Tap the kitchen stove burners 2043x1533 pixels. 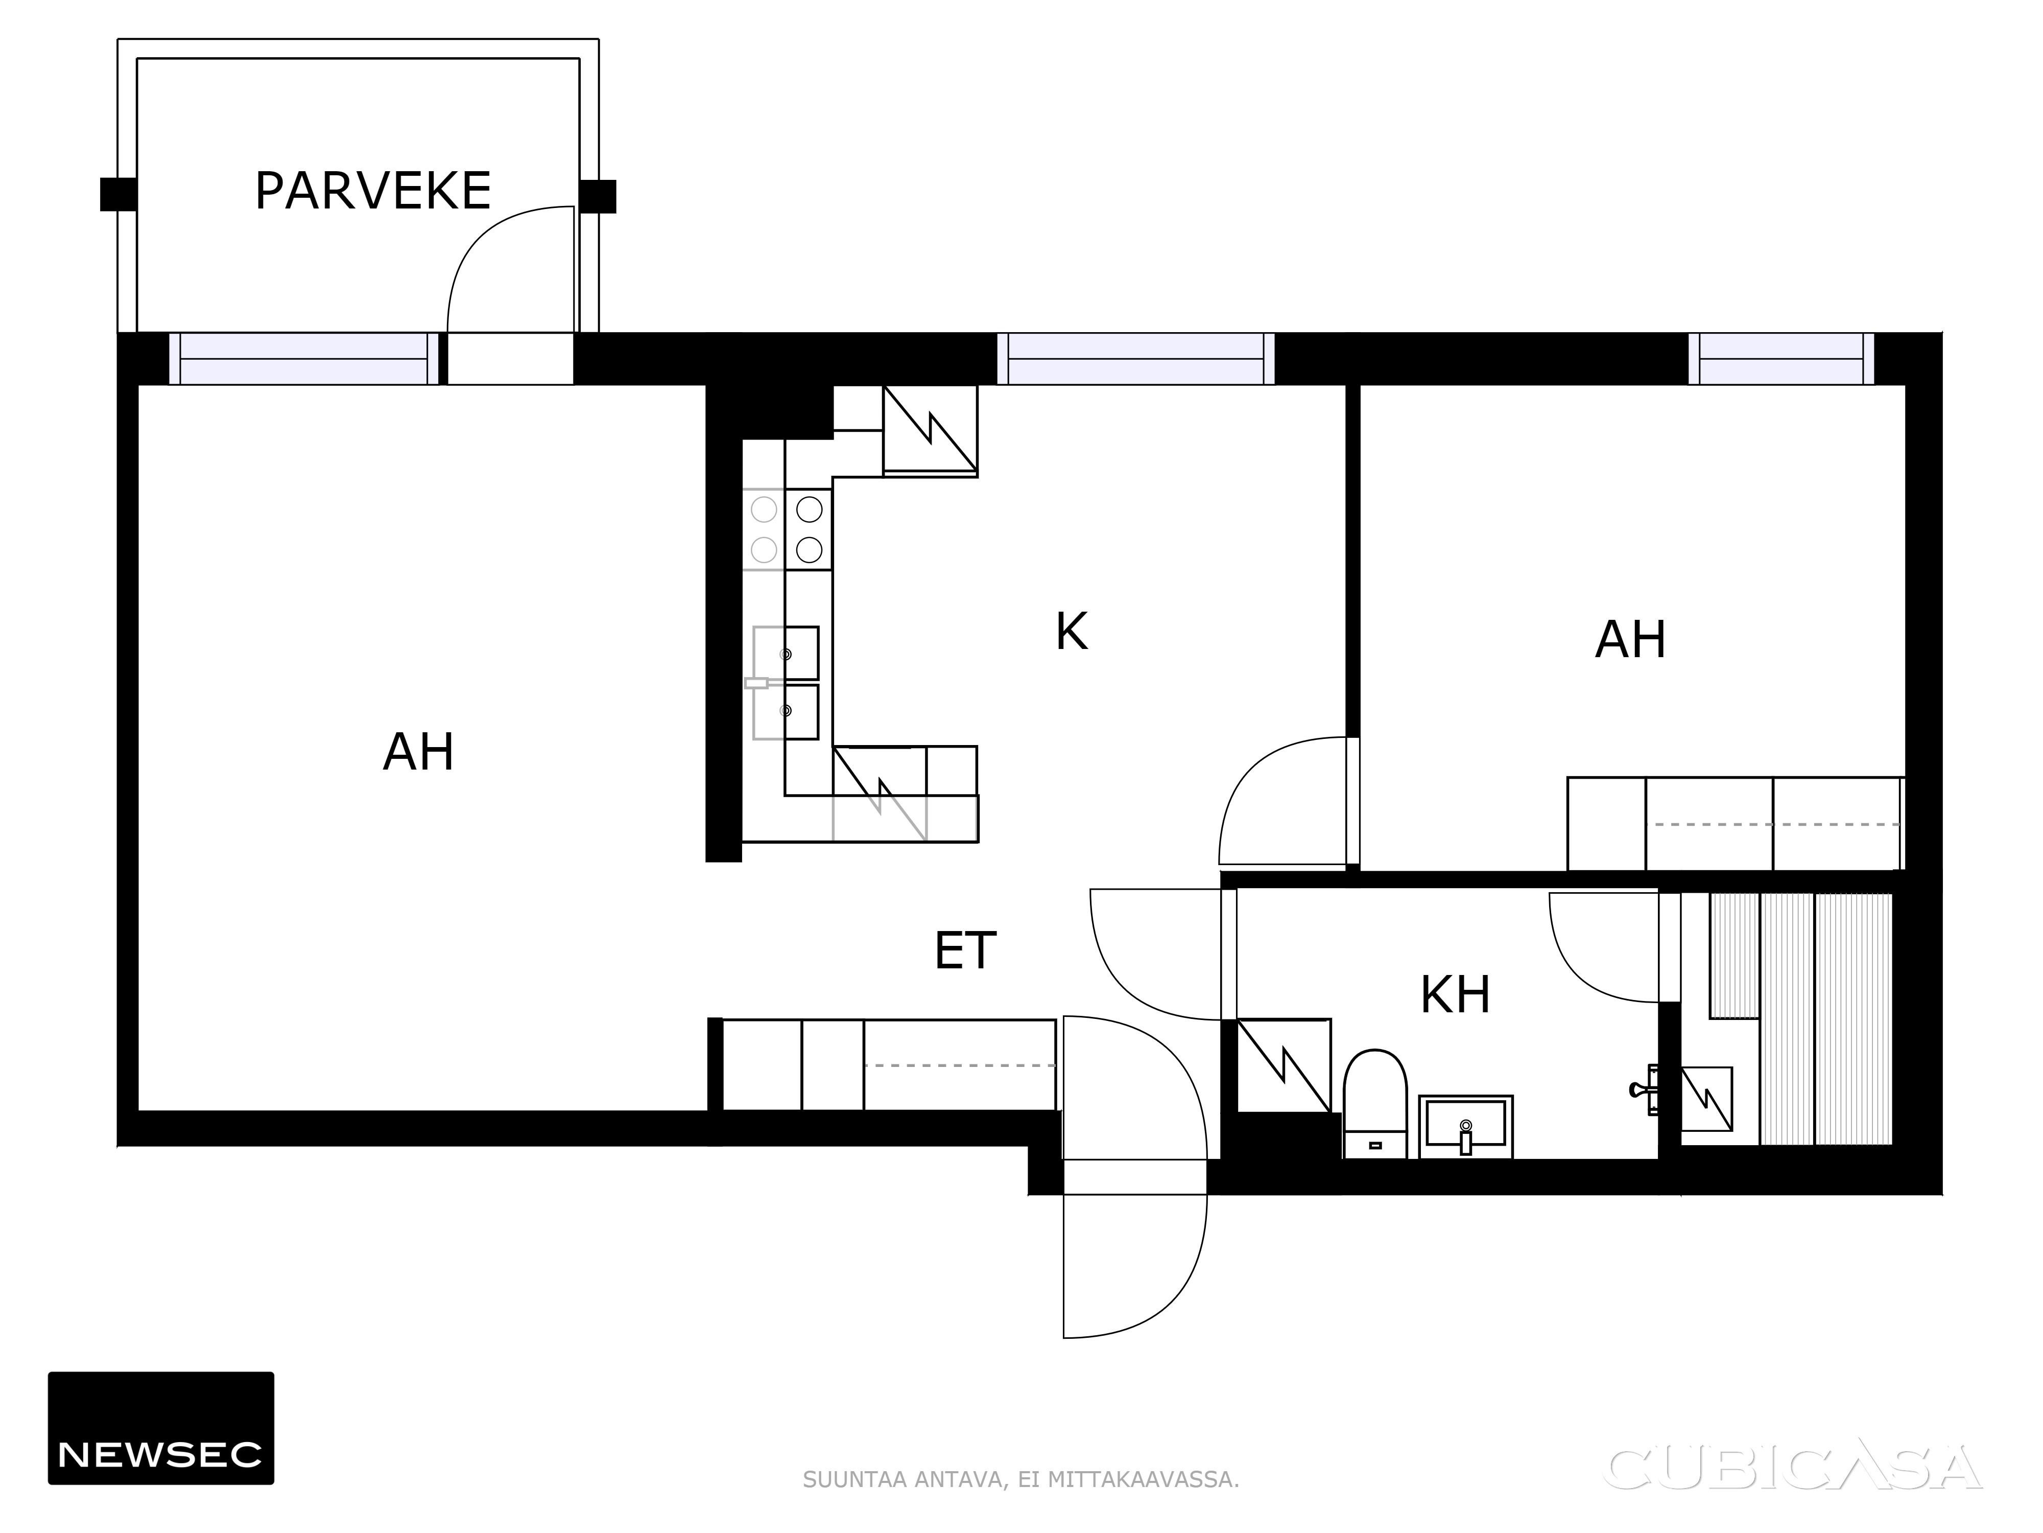(787, 529)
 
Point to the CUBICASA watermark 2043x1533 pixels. (1795, 1468)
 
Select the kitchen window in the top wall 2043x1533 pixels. (1136, 359)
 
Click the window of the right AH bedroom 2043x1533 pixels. (1781, 359)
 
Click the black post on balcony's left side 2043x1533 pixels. (118, 195)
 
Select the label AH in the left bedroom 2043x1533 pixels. (418, 752)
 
